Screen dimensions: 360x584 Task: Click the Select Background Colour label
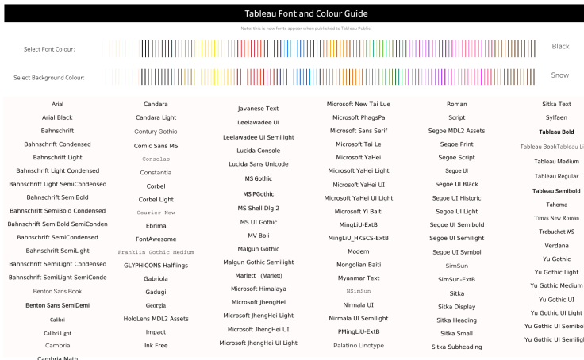tap(49, 78)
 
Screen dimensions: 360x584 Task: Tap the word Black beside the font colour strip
tap(560, 46)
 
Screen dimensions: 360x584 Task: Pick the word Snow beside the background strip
tap(559, 75)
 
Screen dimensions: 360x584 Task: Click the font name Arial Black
tap(57, 117)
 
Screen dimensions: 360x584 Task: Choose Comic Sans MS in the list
tap(156, 146)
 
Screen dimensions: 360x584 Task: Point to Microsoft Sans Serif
tap(358, 130)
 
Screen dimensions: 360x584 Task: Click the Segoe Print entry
tap(456, 144)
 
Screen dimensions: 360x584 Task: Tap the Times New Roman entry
tap(556, 218)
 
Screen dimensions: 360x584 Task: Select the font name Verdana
tap(556, 245)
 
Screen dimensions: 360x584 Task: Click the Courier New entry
tap(156, 213)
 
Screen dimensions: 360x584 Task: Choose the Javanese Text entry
tap(258, 109)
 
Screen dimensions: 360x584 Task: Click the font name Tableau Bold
tap(556, 132)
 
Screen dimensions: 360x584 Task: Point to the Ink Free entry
tap(156, 345)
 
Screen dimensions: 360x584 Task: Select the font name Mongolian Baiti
tap(358, 264)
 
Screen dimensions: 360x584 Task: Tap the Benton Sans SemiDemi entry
tap(57, 305)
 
